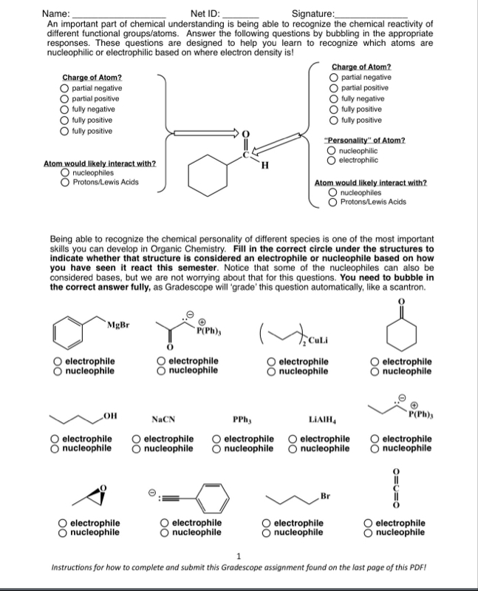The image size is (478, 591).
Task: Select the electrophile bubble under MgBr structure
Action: click(58, 361)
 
